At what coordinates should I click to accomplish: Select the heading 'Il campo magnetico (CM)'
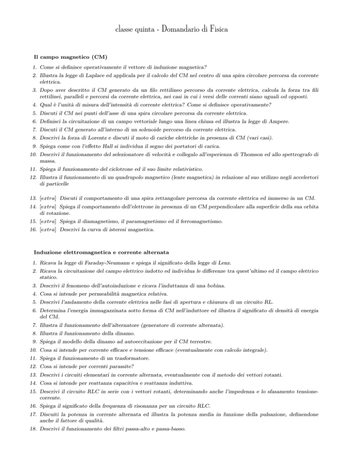click(x=72, y=57)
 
